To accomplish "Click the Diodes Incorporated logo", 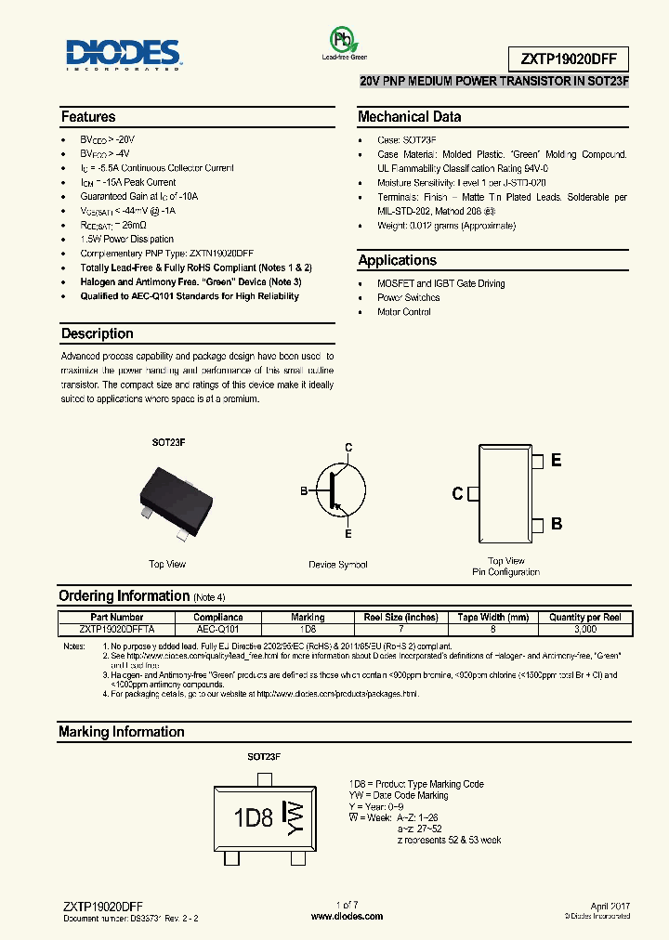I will [124, 53].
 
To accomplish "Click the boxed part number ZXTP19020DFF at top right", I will [569, 59].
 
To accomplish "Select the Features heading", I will [88, 117].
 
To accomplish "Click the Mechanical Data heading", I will [409, 117].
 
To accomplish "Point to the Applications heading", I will [397, 261].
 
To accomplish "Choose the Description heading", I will [97, 333].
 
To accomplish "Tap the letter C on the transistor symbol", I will [348, 448].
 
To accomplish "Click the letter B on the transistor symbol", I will [303, 490].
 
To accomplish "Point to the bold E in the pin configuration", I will [556, 461].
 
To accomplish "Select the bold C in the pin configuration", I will [457, 493].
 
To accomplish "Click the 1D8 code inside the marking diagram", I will [253, 817].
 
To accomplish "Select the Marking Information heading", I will [121, 732].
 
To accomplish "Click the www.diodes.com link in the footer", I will [347, 916].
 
